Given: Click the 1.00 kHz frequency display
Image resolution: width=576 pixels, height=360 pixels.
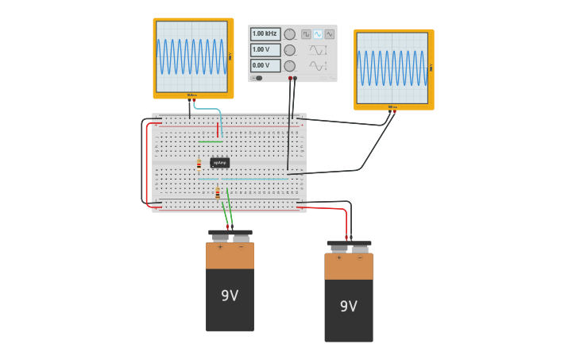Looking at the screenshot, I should tap(265, 34).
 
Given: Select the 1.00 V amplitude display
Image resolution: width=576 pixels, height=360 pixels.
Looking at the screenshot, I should tap(265, 50).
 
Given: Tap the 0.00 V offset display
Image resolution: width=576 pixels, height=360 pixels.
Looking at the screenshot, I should tap(265, 66).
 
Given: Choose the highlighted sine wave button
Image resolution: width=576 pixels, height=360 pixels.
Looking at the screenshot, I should tap(318, 35).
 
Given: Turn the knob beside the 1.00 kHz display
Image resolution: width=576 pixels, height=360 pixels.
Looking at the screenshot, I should tap(290, 34).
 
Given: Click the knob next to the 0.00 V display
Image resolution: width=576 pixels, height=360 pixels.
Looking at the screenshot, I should tap(290, 66).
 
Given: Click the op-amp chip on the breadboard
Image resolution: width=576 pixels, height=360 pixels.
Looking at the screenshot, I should tap(219, 163).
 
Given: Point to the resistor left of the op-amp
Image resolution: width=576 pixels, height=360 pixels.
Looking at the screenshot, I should tap(199, 165).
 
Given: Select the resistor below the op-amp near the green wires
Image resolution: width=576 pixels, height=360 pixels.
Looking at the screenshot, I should tap(217, 193).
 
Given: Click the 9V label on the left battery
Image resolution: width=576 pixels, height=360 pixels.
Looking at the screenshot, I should tap(230, 296).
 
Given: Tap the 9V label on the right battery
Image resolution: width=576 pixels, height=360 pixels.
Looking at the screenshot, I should tap(348, 307).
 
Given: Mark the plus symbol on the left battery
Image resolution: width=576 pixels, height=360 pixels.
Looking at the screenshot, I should tap(220, 247).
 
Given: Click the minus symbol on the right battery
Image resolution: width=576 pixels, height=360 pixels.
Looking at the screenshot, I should tap(360, 257).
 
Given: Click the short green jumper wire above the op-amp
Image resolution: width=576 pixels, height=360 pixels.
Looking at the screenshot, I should tap(211, 141).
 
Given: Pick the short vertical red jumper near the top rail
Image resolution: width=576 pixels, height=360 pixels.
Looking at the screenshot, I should tap(218, 130).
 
